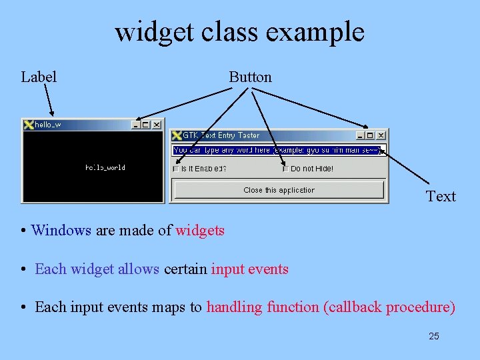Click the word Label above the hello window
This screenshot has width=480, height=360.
pos(39,77)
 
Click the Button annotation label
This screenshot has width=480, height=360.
pos(250,77)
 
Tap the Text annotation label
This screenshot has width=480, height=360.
pos(441,197)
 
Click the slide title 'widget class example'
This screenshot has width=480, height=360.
pos(239,32)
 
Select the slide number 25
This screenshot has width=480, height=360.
pos(433,336)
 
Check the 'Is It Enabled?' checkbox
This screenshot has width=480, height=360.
pos(177,169)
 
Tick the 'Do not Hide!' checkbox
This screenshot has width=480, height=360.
pos(286,169)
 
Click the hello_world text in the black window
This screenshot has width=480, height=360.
pos(105,167)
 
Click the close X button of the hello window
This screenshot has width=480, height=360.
pos(157,125)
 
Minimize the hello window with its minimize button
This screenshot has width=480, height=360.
pos(136,125)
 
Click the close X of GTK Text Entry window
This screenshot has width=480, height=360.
pos(381,135)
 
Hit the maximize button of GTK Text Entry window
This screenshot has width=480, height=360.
pos(370,135)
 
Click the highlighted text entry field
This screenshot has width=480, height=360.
pos(277,151)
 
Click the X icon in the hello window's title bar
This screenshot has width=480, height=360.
pos(29,125)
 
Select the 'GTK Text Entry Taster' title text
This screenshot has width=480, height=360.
pos(221,135)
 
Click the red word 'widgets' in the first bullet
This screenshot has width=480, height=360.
pos(200,231)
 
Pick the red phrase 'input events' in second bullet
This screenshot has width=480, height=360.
pos(250,269)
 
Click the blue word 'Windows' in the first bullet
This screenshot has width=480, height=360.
pos(61,231)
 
